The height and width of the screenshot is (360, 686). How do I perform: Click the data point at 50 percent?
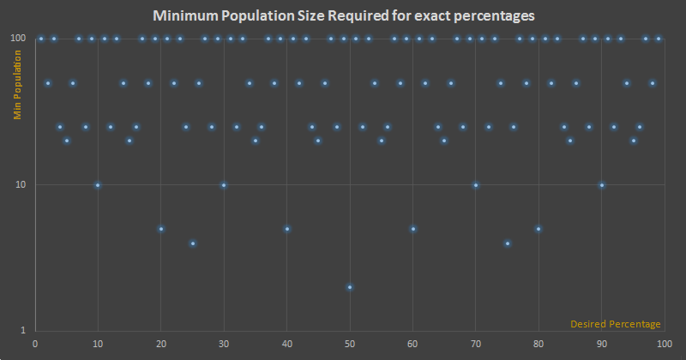350,287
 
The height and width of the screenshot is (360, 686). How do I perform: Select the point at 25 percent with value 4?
193,243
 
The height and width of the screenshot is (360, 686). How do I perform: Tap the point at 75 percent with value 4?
508,243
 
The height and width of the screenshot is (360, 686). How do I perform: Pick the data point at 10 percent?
98,185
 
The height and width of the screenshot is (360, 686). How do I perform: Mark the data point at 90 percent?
602,185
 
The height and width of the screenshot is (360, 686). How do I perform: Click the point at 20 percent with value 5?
161,229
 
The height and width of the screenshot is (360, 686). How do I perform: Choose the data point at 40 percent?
287,229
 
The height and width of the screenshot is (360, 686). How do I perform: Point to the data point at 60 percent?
413,229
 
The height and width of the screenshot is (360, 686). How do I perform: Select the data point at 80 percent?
539,229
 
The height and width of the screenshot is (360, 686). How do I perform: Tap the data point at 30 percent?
224,185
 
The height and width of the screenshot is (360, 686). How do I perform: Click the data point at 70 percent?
476,185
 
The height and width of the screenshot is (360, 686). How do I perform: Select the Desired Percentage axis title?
616,324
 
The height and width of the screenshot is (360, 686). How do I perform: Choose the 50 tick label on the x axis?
350,345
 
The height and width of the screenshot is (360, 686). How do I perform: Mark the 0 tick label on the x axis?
34,345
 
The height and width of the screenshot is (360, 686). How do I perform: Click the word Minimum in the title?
184,16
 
